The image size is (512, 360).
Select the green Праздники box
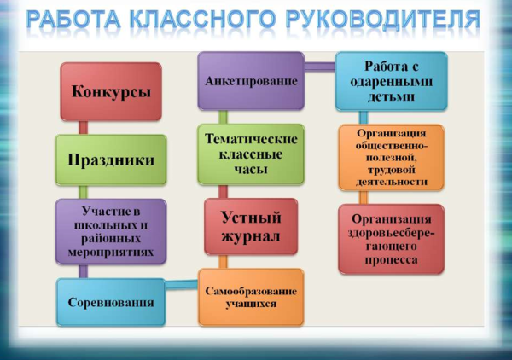(x=111, y=160)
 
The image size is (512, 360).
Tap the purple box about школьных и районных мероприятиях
(x=111, y=230)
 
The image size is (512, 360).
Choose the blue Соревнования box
(x=111, y=302)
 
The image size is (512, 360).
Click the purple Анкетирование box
(x=251, y=81)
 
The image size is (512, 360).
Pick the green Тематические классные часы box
(x=251, y=154)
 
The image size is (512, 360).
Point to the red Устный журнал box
(x=251, y=225)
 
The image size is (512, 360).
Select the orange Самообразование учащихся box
(x=251, y=296)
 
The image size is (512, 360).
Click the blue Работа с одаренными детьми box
(x=390, y=80)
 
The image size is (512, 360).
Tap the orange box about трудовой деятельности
(x=390, y=157)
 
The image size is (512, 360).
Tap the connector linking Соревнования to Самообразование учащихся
(x=182, y=287)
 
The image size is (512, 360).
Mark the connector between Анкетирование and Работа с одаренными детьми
(x=319, y=66)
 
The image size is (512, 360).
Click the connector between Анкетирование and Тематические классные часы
(x=223, y=117)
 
